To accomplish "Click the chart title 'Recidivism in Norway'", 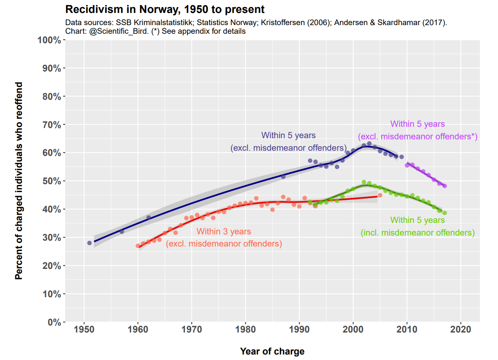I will point(165,9).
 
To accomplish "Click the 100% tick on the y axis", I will point(49,40).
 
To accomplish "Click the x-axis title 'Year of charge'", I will point(272,351).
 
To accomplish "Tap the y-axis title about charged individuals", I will point(18,181).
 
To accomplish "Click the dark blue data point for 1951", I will point(90,243).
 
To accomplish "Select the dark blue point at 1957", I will point(122,232).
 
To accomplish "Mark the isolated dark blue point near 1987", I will point(283,177).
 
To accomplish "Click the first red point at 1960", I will point(138,246).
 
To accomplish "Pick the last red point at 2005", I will point(380,195).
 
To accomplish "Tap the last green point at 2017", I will point(445,213).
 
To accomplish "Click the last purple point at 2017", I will point(445,186).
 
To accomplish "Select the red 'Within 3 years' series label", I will point(223,232).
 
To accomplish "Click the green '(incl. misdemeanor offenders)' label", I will point(417,233).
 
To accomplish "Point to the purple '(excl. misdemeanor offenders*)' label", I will point(417,137).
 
